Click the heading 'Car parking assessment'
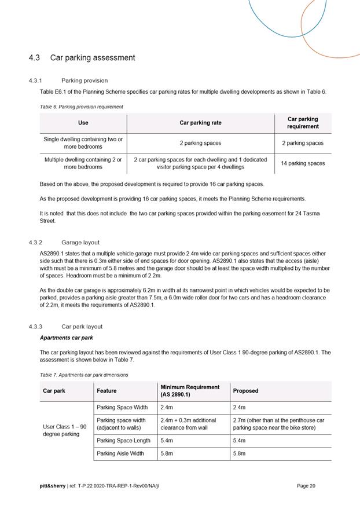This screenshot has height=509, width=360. pos(93,58)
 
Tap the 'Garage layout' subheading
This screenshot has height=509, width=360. pos(80,243)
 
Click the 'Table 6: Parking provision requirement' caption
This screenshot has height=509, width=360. pos(81,107)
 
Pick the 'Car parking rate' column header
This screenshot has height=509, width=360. pos(200,123)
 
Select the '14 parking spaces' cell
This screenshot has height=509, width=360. pos(303,163)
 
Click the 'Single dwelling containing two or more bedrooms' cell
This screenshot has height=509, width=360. pos(83,143)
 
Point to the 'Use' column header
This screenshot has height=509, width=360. pos(83,123)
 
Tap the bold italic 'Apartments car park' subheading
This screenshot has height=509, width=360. pos(66,338)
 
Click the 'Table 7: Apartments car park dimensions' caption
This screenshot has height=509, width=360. pos(84,375)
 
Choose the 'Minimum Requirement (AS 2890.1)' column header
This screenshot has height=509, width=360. pos(190,391)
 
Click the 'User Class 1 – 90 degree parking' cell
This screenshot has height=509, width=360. pos(65,430)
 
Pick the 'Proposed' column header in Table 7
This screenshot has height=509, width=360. pos(245,391)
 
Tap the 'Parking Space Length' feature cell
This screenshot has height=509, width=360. pos(123,441)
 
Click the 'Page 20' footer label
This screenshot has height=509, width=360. pos(306,486)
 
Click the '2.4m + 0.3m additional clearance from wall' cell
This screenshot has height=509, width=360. pos(188,424)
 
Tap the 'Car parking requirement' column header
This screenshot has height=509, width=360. pos(303,123)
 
